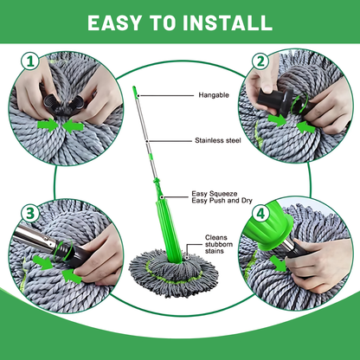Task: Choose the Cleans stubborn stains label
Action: tap(220, 245)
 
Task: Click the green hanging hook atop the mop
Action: tap(135, 91)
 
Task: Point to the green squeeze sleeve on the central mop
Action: tap(161, 216)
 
